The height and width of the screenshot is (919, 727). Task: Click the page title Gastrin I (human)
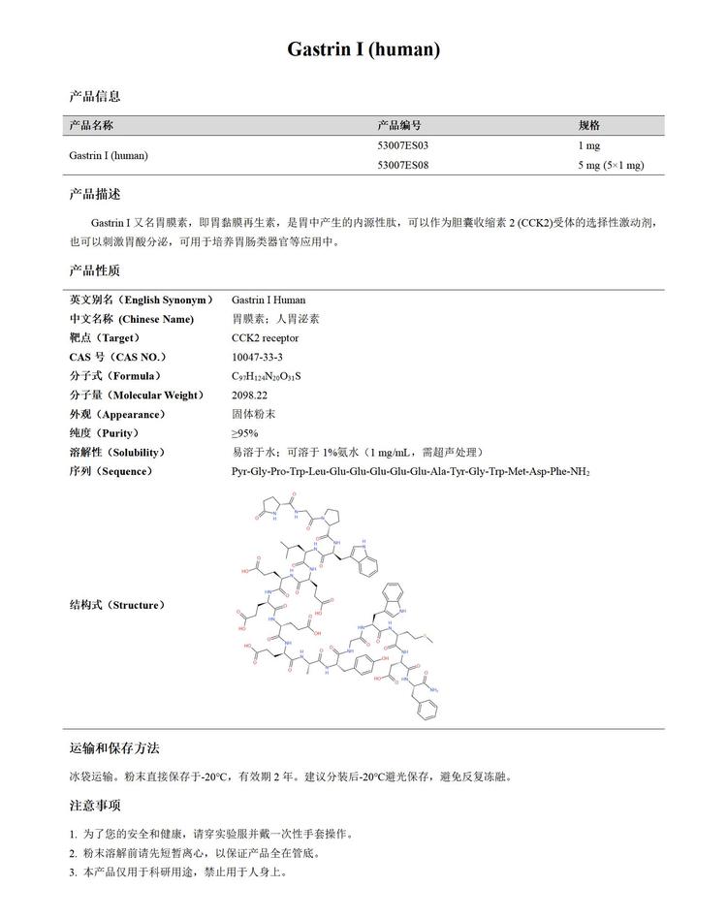(x=363, y=49)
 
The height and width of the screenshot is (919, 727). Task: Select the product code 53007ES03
(x=402, y=145)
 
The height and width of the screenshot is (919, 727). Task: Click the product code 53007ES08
(x=402, y=165)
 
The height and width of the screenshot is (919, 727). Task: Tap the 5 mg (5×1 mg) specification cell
(x=611, y=165)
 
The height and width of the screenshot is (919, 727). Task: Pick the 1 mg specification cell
(x=589, y=145)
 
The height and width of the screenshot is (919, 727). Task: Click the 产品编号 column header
(x=398, y=125)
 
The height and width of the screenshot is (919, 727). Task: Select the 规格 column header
(x=589, y=125)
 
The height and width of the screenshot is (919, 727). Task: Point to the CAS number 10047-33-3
(x=257, y=357)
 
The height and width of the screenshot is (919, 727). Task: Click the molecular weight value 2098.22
(x=249, y=395)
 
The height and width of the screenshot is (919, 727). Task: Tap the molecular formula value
(x=266, y=376)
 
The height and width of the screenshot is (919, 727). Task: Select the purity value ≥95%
(x=244, y=433)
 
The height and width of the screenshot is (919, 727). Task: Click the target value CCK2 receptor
(x=265, y=338)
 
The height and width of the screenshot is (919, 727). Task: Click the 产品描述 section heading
(x=95, y=195)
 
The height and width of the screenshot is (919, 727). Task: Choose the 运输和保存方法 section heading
(x=114, y=748)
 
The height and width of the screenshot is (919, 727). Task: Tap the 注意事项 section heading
(x=95, y=806)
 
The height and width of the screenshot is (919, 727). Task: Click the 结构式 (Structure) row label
(x=116, y=605)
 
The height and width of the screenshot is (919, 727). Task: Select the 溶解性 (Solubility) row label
(x=116, y=453)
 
